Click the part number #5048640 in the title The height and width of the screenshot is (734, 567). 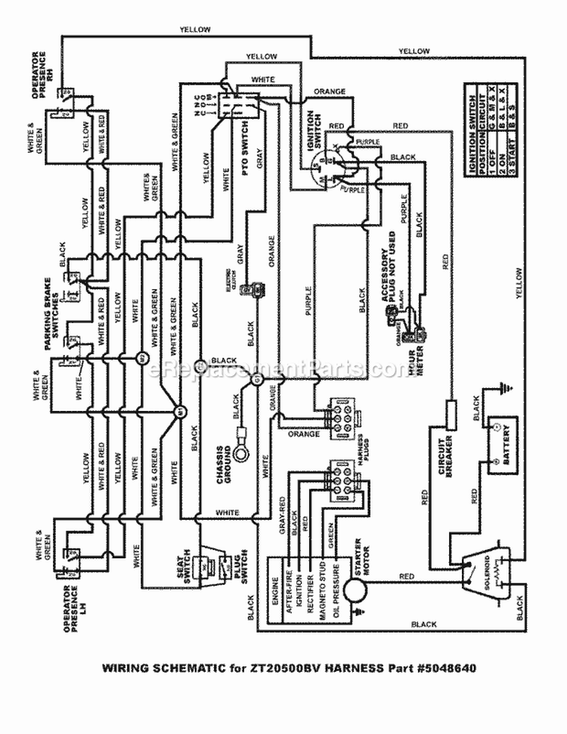tap(448, 668)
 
